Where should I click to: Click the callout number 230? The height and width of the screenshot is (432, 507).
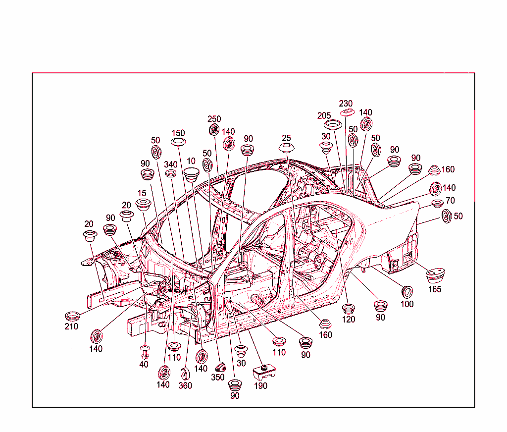345,104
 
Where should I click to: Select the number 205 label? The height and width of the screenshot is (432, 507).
324,115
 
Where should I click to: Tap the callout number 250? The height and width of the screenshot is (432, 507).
214,119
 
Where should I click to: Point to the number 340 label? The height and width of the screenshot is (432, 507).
171,164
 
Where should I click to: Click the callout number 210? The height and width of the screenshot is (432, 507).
71,326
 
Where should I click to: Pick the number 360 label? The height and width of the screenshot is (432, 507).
185,385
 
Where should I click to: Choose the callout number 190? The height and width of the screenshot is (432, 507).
260,386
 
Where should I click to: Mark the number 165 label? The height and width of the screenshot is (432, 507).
435,289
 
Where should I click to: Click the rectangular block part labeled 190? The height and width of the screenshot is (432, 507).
264,372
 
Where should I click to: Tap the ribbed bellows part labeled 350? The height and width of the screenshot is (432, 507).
220,367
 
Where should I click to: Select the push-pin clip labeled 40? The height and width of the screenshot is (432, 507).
145,352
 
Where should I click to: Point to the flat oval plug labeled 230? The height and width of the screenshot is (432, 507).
347,112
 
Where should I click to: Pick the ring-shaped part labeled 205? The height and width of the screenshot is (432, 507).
333,124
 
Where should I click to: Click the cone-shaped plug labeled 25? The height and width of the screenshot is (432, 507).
287,148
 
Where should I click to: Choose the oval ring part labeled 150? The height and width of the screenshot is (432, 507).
178,141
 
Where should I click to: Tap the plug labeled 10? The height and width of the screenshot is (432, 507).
192,174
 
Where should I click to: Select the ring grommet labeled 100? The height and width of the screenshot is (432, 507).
407,292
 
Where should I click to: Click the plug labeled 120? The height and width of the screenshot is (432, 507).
349,309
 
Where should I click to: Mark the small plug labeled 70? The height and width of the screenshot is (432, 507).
438,204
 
